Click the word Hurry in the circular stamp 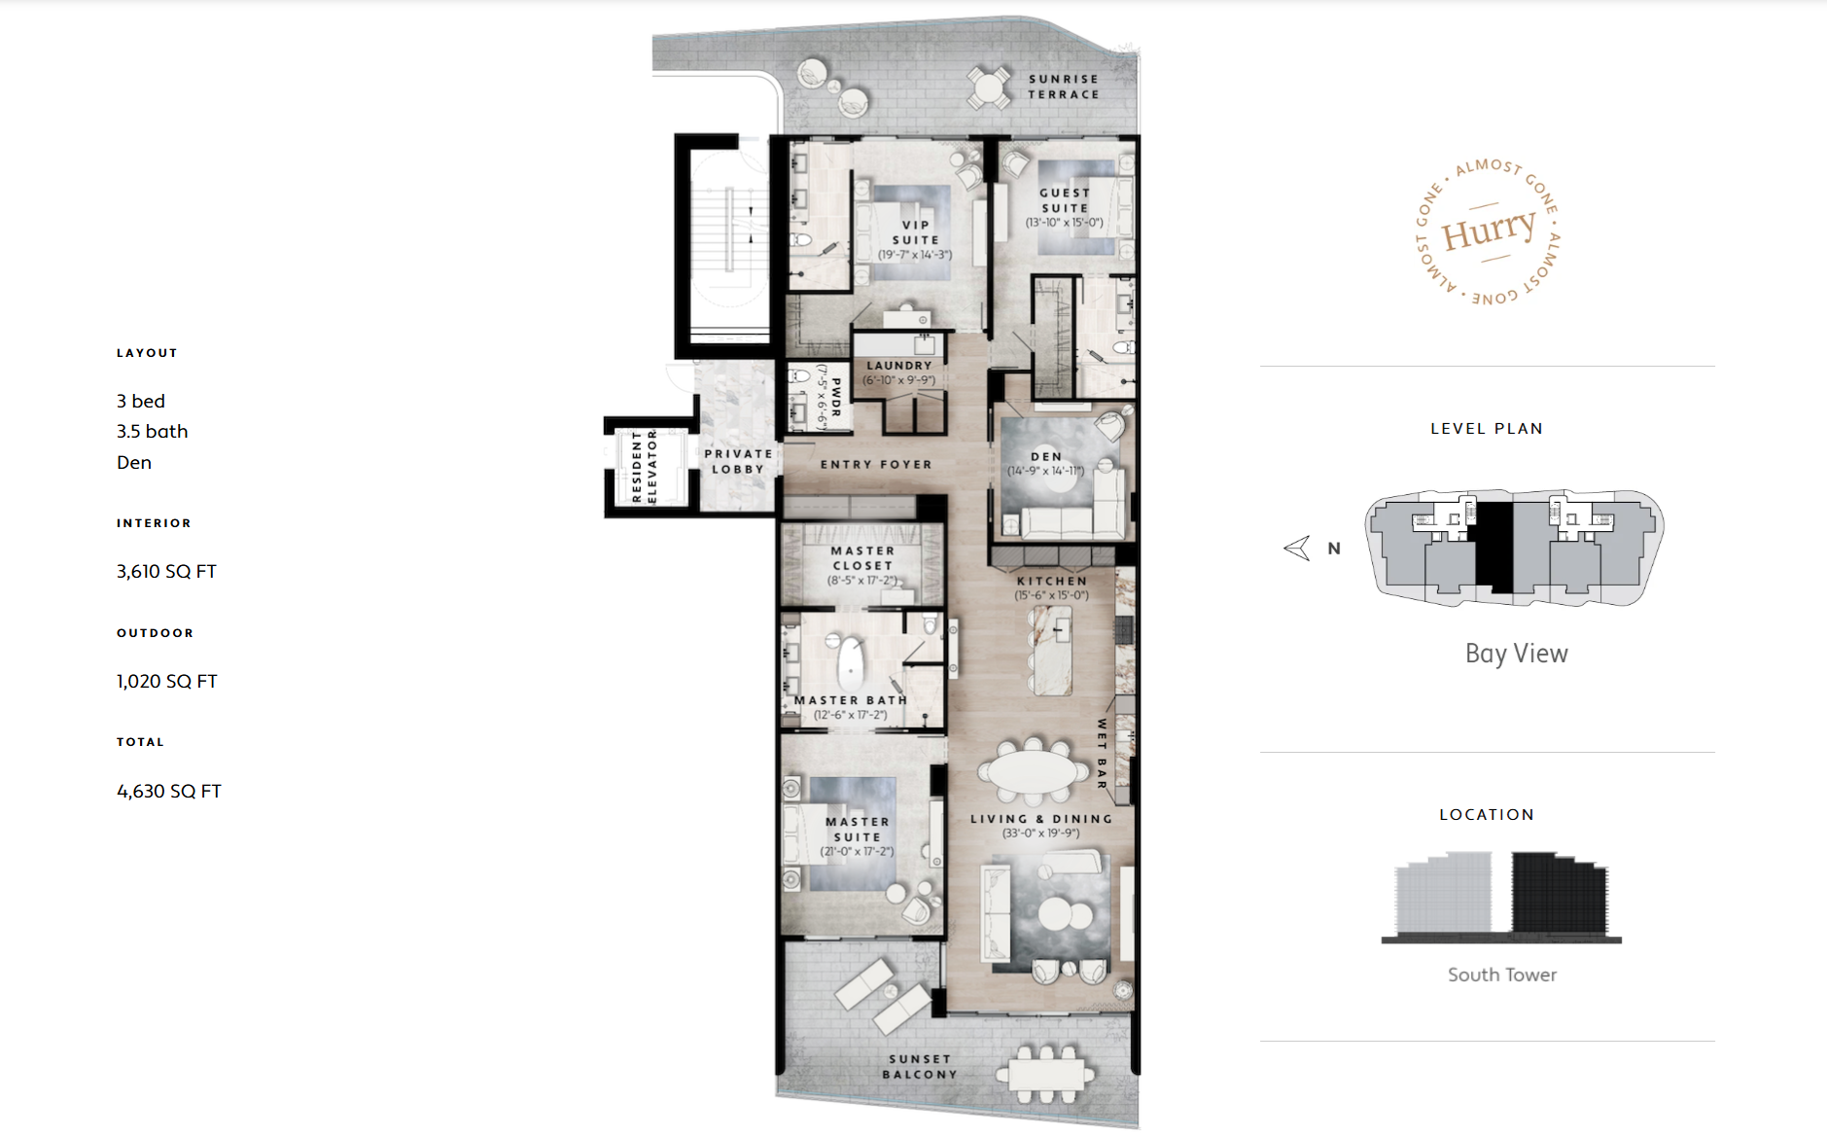coord(1489,231)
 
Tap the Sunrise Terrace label coord(1064,87)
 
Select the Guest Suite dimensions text coord(1065,223)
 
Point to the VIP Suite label coord(916,232)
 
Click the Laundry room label coord(899,366)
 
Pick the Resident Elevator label coord(645,466)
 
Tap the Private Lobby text coord(738,461)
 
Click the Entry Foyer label coord(876,465)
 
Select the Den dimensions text coord(1045,471)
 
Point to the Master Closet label coord(862,557)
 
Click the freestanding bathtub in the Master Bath coord(852,663)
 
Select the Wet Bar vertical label coord(1102,754)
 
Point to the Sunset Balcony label coord(920,1067)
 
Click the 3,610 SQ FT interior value coord(166,572)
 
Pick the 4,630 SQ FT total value coord(169,792)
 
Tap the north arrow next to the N coord(1297,549)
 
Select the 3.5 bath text coord(153,432)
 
